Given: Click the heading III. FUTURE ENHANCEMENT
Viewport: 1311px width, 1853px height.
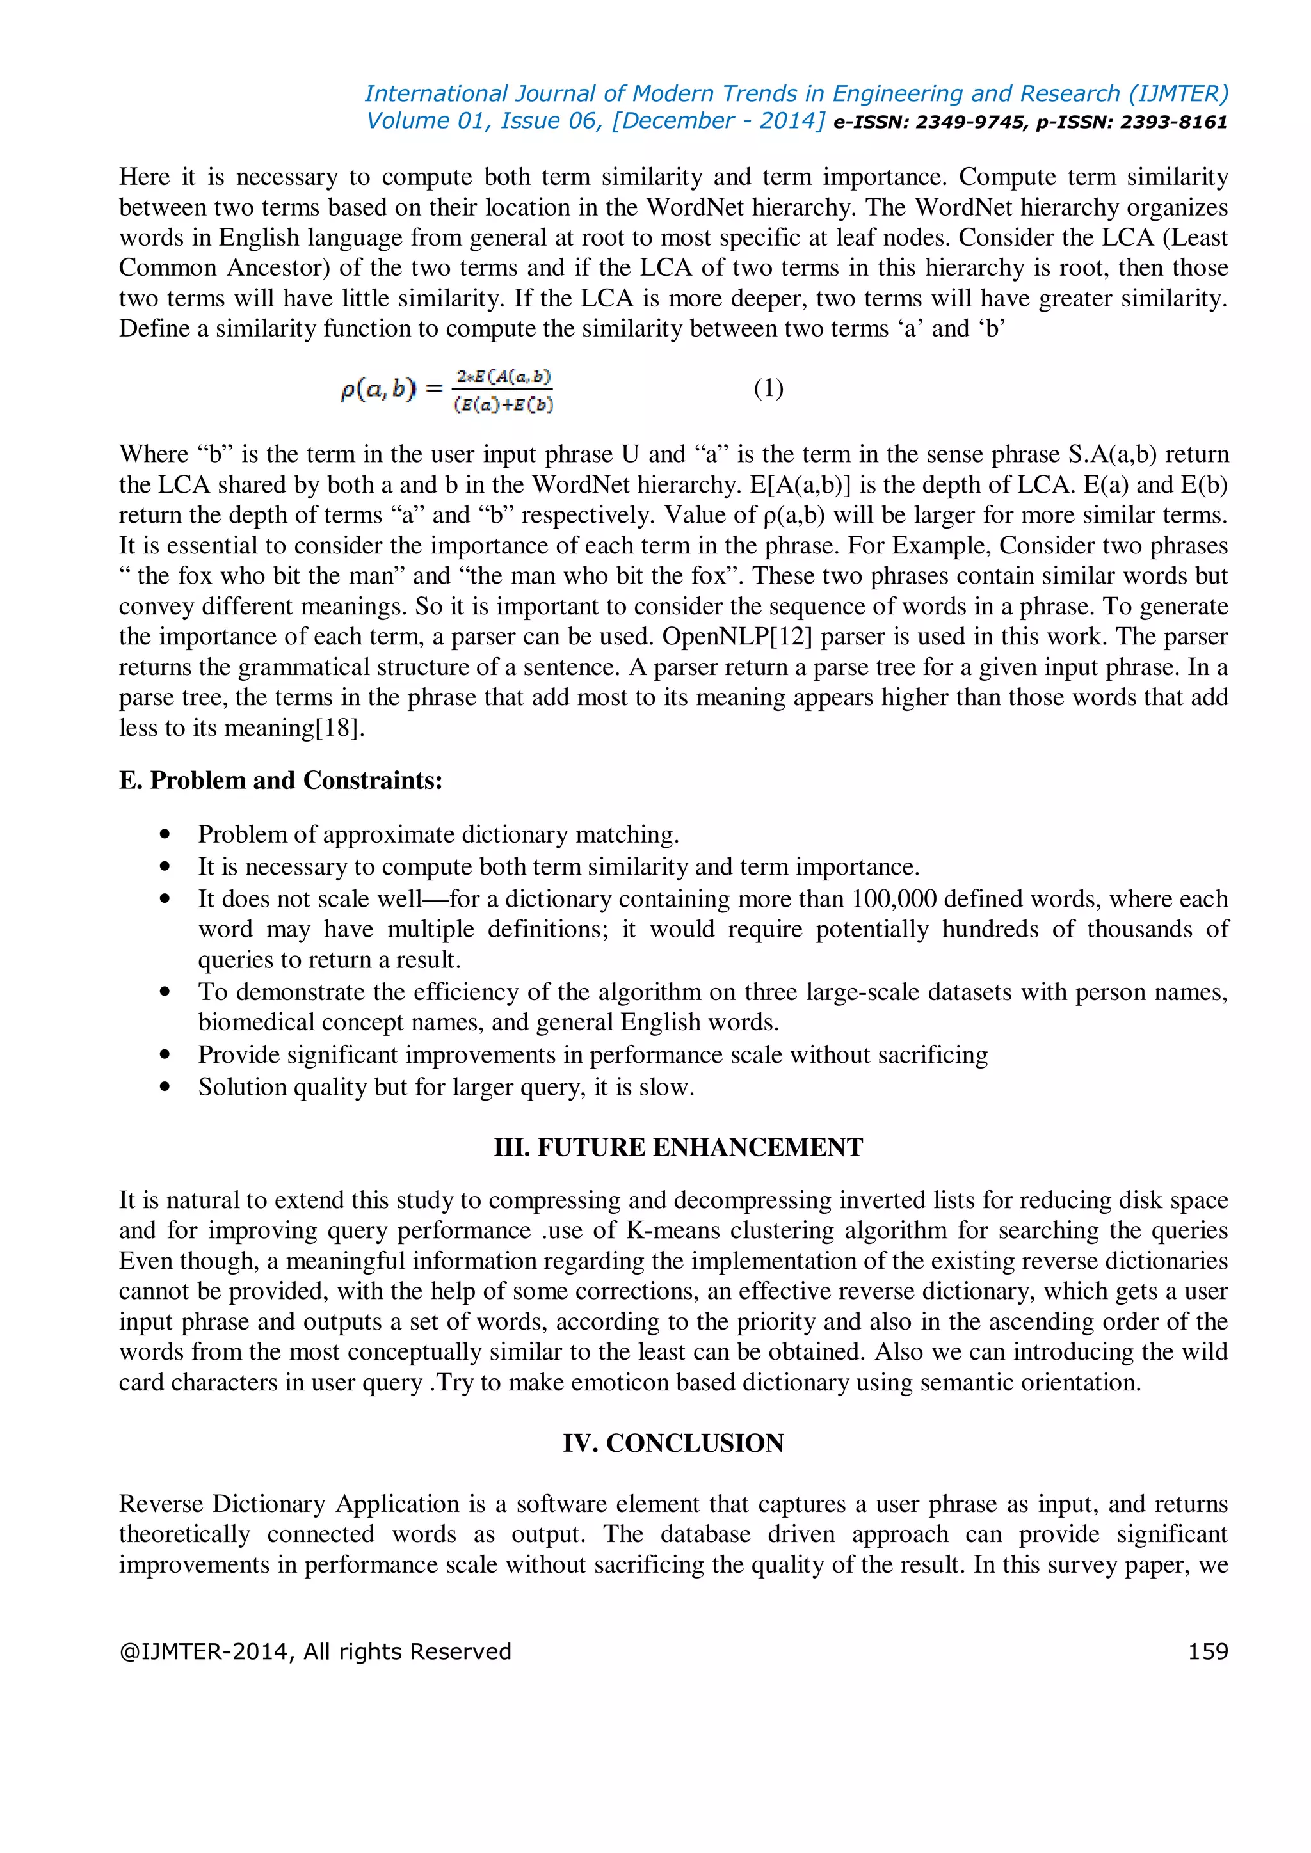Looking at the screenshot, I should (x=678, y=1147).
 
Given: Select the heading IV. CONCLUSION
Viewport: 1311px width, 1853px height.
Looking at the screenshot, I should (x=673, y=1443).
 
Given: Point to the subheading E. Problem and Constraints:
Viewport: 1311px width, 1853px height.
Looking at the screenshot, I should (x=280, y=781).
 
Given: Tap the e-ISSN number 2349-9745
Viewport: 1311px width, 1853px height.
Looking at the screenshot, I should (x=976, y=122).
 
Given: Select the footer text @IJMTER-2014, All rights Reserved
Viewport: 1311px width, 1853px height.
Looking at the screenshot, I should (x=315, y=1652).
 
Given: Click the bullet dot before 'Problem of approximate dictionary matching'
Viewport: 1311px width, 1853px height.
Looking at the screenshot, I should (x=166, y=834).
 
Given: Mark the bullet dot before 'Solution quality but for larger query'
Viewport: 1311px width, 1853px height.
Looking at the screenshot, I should (x=166, y=1087).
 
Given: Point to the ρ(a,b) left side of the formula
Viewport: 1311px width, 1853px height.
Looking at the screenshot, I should (x=378, y=390).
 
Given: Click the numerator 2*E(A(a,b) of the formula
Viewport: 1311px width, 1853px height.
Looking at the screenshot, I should (x=504, y=377).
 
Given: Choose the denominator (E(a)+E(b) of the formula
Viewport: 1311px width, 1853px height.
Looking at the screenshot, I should (x=504, y=405).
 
